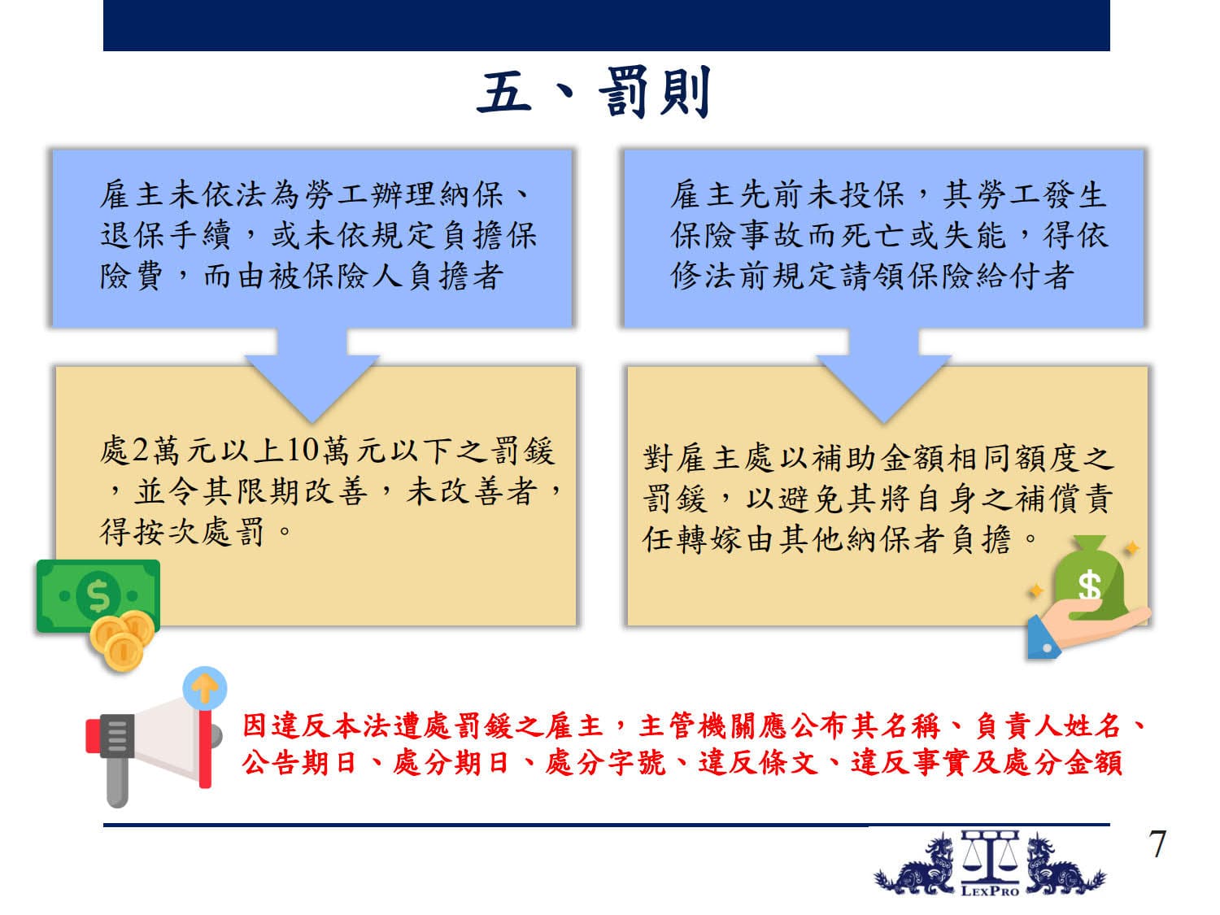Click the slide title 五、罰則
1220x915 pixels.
click(x=592, y=92)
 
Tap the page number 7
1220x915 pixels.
click(x=1157, y=844)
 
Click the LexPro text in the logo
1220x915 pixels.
click(x=990, y=891)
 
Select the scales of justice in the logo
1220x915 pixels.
click(x=990, y=857)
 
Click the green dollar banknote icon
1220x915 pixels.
click(x=98, y=595)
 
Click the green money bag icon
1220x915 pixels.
click(x=1089, y=577)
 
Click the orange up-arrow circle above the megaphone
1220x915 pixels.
click(x=204, y=688)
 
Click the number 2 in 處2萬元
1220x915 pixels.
click(x=142, y=451)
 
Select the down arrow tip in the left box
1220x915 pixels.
click(x=312, y=421)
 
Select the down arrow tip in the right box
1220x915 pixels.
click(x=884, y=421)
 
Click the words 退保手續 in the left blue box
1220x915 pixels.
click(x=165, y=235)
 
